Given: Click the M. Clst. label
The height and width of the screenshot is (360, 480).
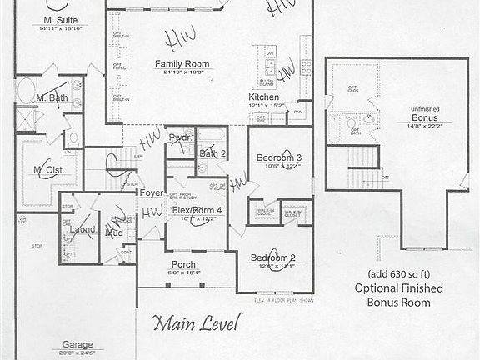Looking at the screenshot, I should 49,171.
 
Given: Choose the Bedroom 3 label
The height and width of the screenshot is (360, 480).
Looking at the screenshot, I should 279,157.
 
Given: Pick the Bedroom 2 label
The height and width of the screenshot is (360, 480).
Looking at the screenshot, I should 275,257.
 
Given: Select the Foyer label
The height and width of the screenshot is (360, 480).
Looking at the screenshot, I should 151,192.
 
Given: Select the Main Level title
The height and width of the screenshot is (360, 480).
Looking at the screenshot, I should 197,321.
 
